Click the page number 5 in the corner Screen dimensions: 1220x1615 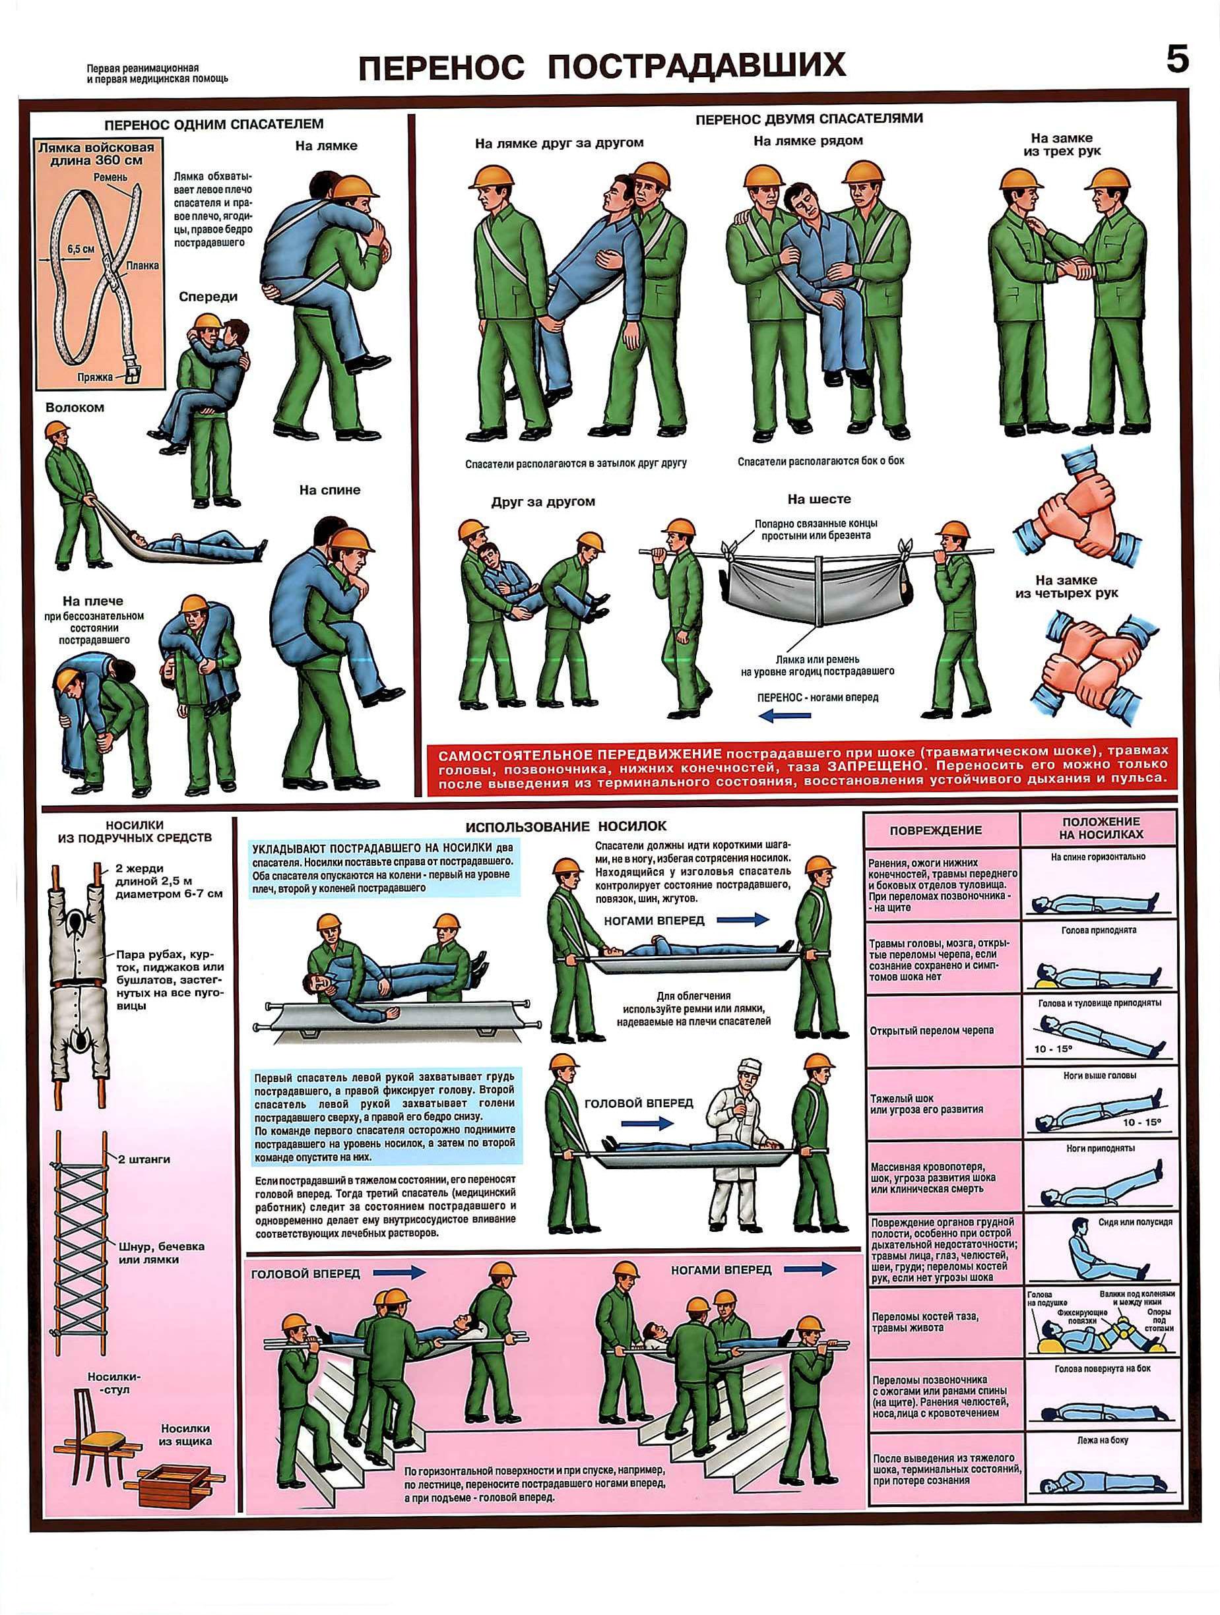[x=1177, y=59]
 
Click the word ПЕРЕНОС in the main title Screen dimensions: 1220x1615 [x=442, y=67]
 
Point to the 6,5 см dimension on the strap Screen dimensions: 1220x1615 [x=80, y=247]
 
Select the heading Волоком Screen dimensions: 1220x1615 [x=75, y=408]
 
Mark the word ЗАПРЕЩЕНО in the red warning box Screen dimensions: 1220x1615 [x=868, y=766]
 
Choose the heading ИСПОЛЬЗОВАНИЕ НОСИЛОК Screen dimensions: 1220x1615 [x=566, y=826]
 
